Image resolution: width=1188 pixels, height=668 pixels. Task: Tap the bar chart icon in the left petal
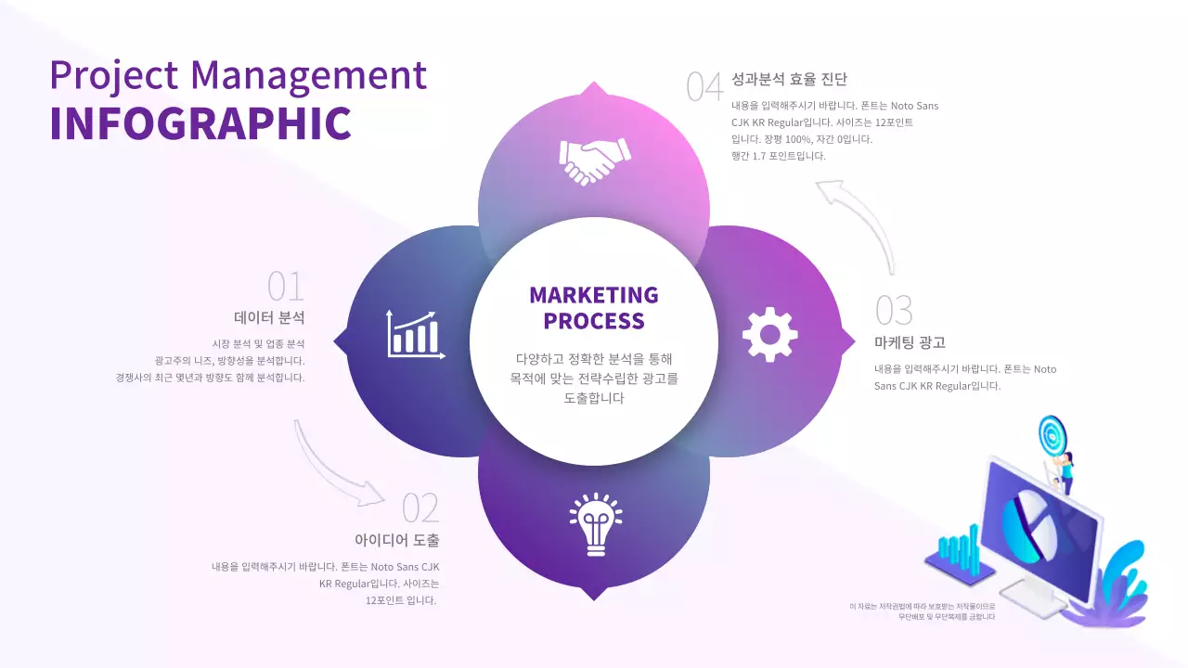(415, 334)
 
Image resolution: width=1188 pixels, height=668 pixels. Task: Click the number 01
(286, 287)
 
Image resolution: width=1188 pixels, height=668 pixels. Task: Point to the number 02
(420, 508)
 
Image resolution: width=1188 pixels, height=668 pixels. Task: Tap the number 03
(894, 311)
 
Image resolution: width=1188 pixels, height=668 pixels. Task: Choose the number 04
(704, 86)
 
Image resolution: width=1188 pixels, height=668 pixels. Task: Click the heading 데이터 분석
(269, 317)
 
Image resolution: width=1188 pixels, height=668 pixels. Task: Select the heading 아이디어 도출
(396, 540)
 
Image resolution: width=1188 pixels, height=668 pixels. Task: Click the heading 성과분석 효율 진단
(789, 80)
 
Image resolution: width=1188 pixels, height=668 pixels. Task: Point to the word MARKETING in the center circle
(594, 295)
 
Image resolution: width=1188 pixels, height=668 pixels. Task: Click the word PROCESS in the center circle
(594, 321)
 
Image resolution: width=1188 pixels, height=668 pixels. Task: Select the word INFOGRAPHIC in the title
(200, 123)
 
